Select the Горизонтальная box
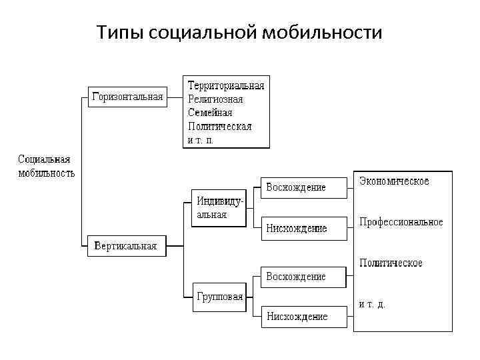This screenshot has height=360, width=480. (127, 97)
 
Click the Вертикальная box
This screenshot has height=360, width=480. (126, 246)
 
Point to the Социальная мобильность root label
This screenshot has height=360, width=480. (45, 166)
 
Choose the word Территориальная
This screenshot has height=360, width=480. (226, 85)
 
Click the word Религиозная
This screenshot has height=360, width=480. (215, 99)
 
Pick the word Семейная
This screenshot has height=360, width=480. (209, 113)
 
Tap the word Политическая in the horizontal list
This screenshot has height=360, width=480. (219, 126)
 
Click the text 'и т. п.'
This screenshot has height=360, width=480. (200, 140)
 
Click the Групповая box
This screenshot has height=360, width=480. (219, 297)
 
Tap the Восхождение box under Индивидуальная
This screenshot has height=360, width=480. (296, 187)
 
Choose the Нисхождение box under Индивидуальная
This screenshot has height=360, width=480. (296, 228)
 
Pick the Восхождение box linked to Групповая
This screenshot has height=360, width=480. (296, 276)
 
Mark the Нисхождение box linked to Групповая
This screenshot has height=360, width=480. (296, 317)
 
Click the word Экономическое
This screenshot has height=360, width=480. (394, 181)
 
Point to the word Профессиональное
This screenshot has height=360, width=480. (401, 222)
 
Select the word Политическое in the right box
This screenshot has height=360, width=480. (391, 263)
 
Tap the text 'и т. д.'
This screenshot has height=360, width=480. (372, 304)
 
